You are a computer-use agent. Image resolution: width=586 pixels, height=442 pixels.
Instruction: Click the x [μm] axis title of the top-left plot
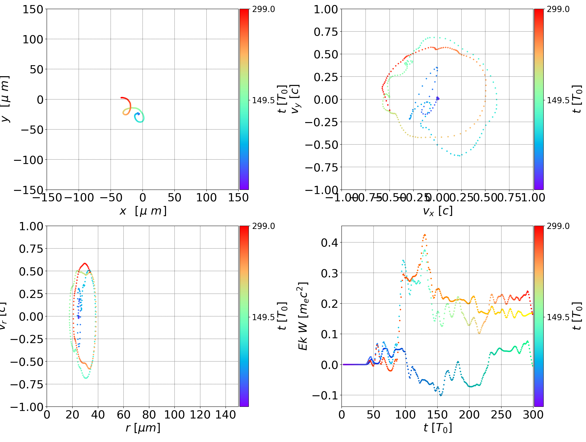(143, 211)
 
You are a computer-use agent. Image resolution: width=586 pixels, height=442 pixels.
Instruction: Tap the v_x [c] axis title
(437, 211)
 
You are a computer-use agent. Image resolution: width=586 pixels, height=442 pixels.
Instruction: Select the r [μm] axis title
(143, 428)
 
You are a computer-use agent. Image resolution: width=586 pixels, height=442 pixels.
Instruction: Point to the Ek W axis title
(303, 316)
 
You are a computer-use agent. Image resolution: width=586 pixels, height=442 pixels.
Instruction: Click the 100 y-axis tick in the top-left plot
(33, 39)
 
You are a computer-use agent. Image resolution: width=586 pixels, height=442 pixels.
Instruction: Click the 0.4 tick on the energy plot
(330, 243)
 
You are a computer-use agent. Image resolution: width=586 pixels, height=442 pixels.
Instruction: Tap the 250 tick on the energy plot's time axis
(501, 415)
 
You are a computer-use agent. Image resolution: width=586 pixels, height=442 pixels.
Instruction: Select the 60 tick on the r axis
(124, 415)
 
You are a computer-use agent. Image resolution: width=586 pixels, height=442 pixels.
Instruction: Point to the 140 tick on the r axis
(225, 415)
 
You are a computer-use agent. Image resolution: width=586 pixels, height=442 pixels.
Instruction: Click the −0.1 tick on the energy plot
(325, 395)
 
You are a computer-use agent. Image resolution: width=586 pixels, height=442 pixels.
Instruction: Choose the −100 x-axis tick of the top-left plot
(79, 198)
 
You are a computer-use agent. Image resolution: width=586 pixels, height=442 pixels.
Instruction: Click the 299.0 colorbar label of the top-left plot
(263, 9)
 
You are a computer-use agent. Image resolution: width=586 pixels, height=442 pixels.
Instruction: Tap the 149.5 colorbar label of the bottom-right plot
(558, 317)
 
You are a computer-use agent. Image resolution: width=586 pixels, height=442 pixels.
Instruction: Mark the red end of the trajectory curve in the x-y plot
(121, 98)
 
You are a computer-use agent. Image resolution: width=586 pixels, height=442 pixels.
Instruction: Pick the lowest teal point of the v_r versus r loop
(86, 378)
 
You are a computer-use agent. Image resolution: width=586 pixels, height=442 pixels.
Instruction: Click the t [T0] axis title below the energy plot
(437, 428)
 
